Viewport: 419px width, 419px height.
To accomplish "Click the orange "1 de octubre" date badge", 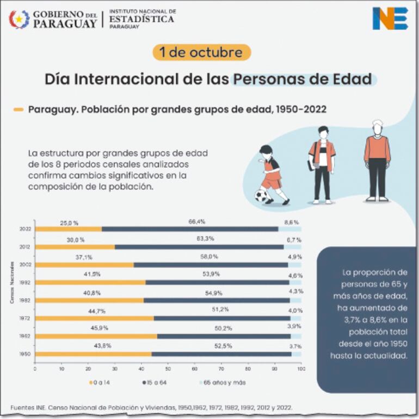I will pyautogui.click(x=201, y=53).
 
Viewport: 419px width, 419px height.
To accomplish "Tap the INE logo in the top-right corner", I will pyautogui.click(x=390, y=19).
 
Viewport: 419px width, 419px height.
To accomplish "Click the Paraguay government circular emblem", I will pyautogui.click(x=19, y=19).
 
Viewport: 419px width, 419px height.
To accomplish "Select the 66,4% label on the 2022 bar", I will pyautogui.click(x=196, y=222).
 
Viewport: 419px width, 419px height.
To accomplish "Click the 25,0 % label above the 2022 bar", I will pyautogui.click(x=69, y=223).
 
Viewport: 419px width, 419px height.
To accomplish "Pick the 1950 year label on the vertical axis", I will pyautogui.click(x=24, y=354).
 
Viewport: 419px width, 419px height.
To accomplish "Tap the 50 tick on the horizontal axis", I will pyautogui.click(x=168, y=369).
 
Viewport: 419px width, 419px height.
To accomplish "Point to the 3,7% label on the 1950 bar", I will pyautogui.click(x=294, y=346).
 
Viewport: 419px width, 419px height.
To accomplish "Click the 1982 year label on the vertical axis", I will pyautogui.click(x=24, y=300).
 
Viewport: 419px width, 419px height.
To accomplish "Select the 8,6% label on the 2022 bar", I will pyautogui.click(x=292, y=222).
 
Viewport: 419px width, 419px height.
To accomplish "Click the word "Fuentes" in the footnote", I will pyautogui.click(x=22, y=407).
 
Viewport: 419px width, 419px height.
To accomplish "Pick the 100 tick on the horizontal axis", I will pyautogui.click(x=301, y=369).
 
